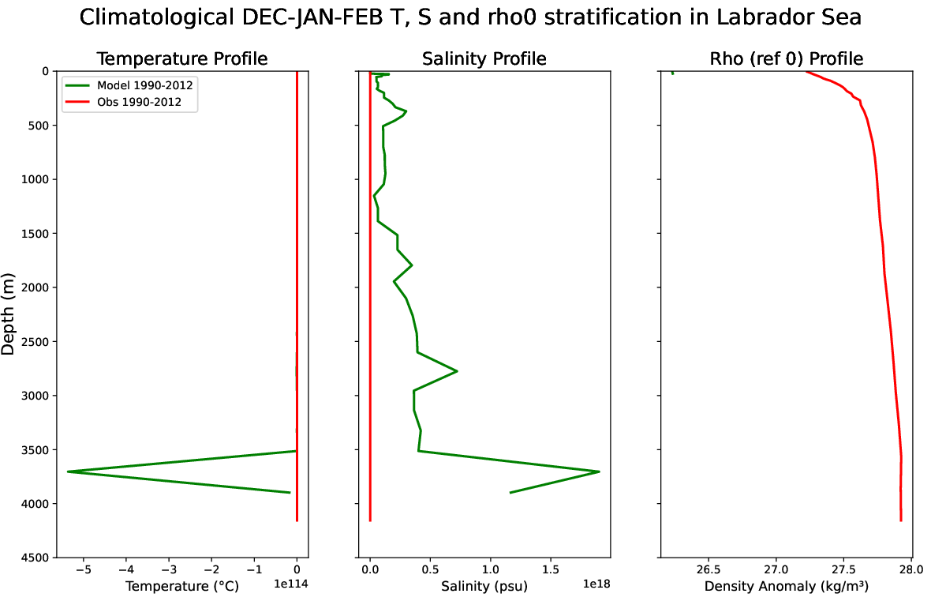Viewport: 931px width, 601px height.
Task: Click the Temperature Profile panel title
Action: click(x=181, y=58)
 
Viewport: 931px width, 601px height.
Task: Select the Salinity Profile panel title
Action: click(x=484, y=58)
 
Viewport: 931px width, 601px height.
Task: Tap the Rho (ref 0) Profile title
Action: click(x=786, y=58)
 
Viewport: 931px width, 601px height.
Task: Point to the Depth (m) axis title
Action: click(x=9, y=314)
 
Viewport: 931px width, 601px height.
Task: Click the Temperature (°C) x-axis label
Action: click(x=181, y=586)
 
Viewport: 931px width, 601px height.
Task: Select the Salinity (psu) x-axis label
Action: click(x=484, y=586)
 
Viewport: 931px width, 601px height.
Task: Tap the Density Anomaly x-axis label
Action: click(x=786, y=586)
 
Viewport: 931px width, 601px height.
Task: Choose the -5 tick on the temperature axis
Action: click(x=83, y=569)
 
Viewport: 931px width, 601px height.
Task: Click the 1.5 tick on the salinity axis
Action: click(x=551, y=569)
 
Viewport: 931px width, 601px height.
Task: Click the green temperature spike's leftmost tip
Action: click(x=68, y=471)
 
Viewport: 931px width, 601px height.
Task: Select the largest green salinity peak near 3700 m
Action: click(x=599, y=471)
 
